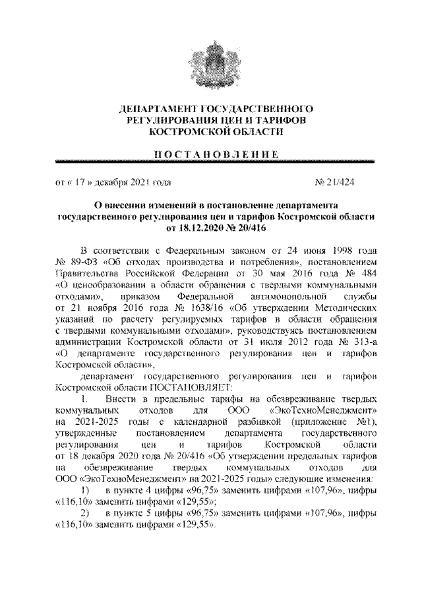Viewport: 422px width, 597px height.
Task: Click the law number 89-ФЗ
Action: tap(84, 263)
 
